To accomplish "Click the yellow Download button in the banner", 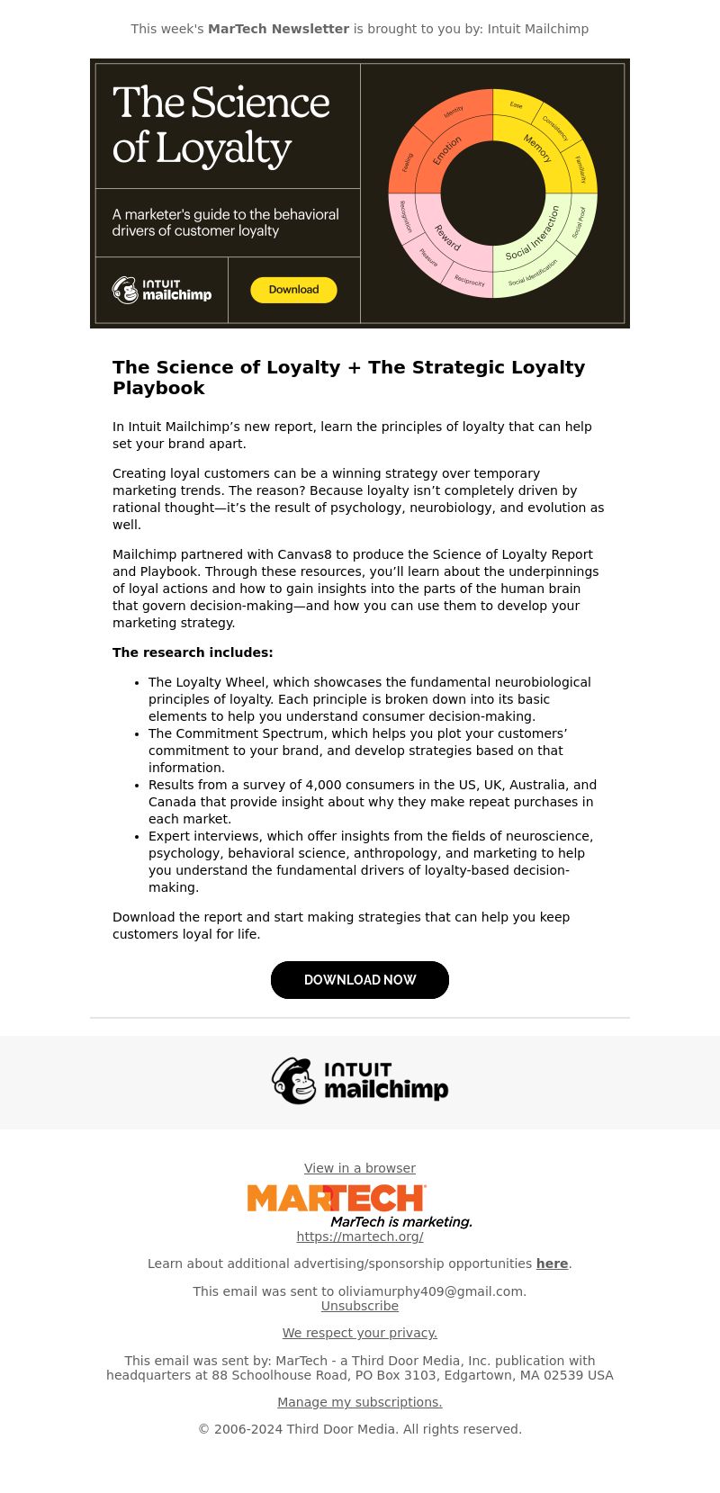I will [293, 290].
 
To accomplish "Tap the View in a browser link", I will [360, 1168].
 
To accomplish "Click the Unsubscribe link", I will [360, 1306].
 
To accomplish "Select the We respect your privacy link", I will [360, 1333].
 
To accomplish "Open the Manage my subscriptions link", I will [360, 1402].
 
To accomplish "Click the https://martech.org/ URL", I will [360, 1237].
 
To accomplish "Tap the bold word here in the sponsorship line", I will [552, 1264].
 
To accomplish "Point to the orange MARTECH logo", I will [336, 1199].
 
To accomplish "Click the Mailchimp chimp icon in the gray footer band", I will [294, 1081].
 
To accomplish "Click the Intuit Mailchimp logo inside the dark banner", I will [162, 290].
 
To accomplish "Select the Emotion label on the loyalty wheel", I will [447, 150].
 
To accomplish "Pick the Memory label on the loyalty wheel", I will [537, 148].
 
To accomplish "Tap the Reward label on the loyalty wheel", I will [448, 238].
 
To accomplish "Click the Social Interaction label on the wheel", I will [533, 233].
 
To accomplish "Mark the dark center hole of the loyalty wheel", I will [493, 193].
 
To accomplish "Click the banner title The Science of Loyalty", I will [221, 125].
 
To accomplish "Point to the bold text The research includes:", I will [193, 652].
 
